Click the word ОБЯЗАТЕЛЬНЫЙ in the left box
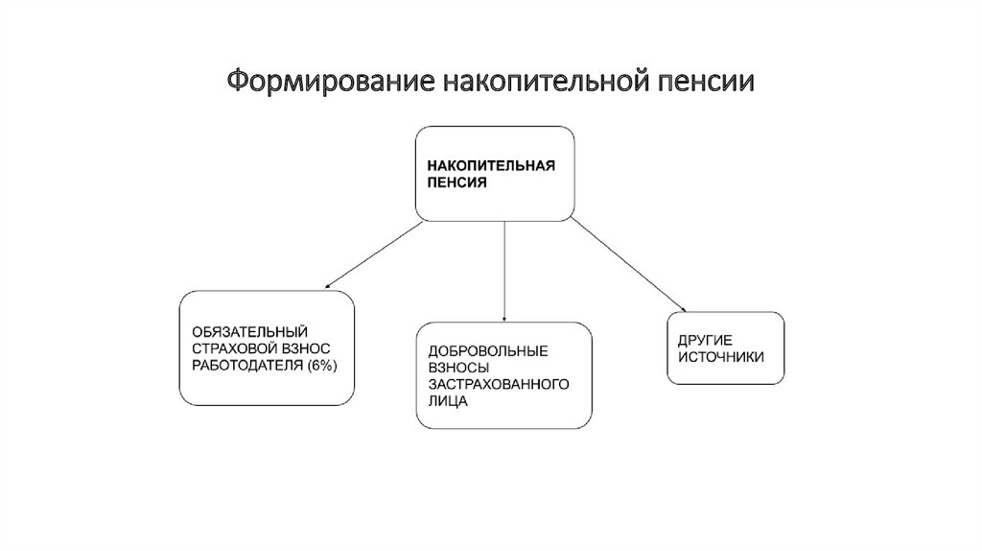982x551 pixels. pos(240,332)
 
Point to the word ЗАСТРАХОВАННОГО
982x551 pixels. pos(499,385)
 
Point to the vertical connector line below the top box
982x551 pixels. pos(504,269)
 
